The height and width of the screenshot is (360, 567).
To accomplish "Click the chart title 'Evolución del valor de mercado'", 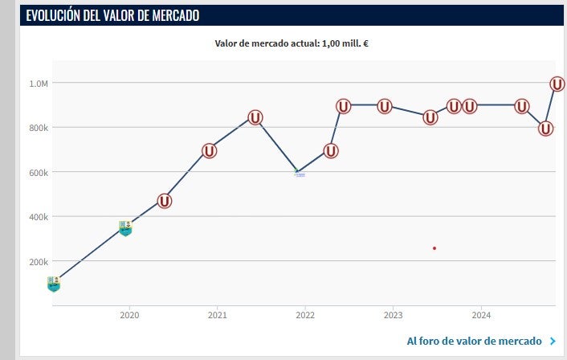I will pyautogui.click(x=112, y=15).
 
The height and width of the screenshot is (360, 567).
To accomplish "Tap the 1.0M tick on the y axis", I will pyautogui.click(x=39, y=84).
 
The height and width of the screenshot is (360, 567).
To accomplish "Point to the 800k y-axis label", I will pyautogui.click(x=39, y=128).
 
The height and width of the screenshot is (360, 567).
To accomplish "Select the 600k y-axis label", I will pyautogui.click(x=39, y=173).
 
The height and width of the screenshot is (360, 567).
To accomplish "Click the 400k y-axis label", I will pyautogui.click(x=39, y=217).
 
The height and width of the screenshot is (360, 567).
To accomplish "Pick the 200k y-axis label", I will pyautogui.click(x=39, y=262).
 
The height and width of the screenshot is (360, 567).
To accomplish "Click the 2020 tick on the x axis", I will pyautogui.click(x=129, y=315).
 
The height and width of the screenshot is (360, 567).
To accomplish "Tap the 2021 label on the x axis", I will pyautogui.click(x=217, y=315).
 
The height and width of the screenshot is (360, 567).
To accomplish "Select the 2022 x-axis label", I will pyautogui.click(x=304, y=315).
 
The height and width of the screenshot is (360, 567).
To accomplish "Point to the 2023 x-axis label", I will pyautogui.click(x=393, y=315).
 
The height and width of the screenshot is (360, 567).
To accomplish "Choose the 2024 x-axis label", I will pyautogui.click(x=480, y=315).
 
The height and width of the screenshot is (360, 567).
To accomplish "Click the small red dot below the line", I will pyautogui.click(x=434, y=248).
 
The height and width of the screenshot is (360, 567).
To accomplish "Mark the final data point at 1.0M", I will pyautogui.click(x=557, y=84).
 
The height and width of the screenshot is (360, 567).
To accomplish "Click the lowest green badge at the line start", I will pyautogui.click(x=53, y=284).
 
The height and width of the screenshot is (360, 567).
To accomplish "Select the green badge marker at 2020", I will pyautogui.click(x=124, y=228).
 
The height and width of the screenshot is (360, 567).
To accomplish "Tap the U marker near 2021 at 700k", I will pyautogui.click(x=209, y=150).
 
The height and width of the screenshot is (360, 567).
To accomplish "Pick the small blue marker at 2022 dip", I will pyautogui.click(x=300, y=173).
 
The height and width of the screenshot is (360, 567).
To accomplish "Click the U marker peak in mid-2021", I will pyautogui.click(x=255, y=117).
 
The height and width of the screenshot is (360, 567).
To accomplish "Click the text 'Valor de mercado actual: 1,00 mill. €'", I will pyautogui.click(x=291, y=43).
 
